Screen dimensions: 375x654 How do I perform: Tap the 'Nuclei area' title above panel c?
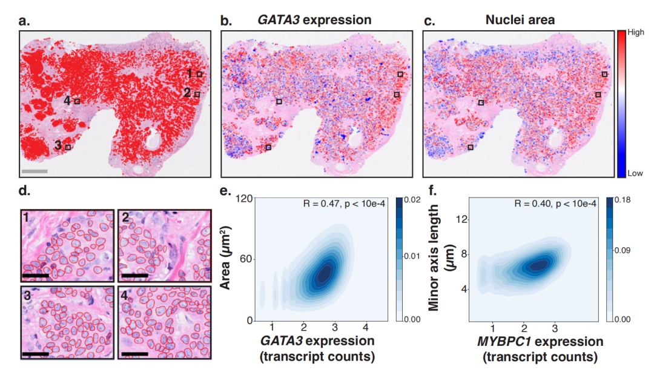coord(520,20)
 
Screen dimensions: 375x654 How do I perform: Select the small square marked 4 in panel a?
coord(77,102)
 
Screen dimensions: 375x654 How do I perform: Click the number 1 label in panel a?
coord(190,73)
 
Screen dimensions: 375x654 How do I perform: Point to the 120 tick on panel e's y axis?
coord(245,199)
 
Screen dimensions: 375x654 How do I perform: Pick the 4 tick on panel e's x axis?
coord(365,327)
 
